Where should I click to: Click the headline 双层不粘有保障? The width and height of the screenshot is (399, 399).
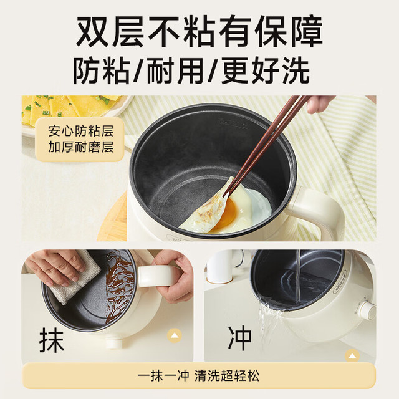tap(199, 31)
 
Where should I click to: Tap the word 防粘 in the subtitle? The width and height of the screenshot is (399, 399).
tap(102, 70)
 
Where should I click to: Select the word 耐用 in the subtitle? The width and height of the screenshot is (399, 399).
tap(176, 70)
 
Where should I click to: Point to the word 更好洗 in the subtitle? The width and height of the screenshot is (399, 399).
tap(266, 70)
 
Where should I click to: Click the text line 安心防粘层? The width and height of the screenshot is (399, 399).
tap(80, 130)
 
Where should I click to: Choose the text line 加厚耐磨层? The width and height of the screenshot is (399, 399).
tap(80, 147)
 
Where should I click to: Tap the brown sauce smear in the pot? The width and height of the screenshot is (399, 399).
tap(119, 285)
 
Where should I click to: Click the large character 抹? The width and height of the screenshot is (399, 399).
tap(52, 340)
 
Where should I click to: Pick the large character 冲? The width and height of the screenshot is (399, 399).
tap(239, 338)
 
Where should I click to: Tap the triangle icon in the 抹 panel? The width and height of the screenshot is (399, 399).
tap(175, 335)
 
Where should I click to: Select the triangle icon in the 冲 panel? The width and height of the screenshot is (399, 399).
tap(352, 355)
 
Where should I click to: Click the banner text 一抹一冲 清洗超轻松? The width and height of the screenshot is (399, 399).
tap(199, 375)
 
